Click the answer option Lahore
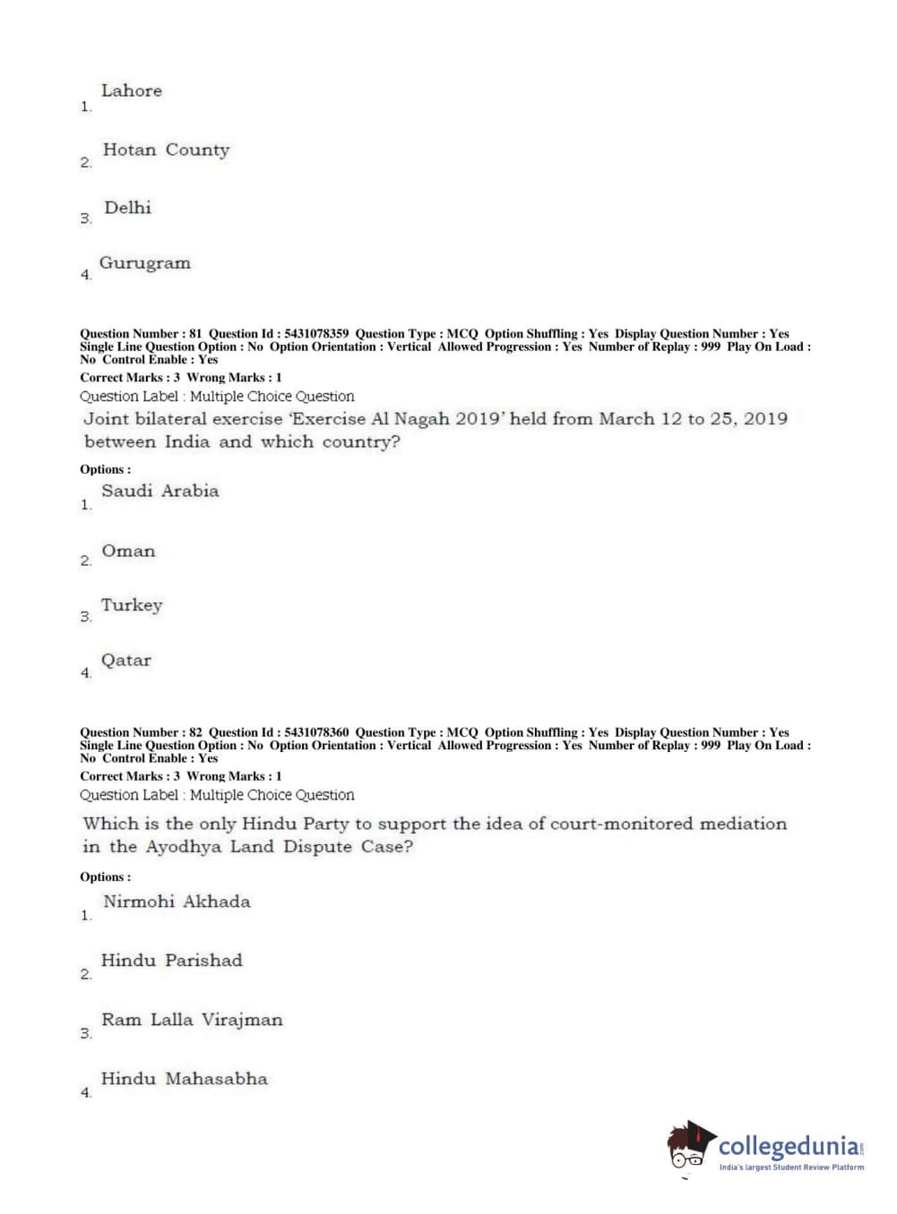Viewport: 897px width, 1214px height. pyautogui.click(x=131, y=90)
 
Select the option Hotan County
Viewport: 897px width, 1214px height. pyautogui.click(x=166, y=150)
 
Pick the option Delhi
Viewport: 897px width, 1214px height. pyautogui.click(x=127, y=208)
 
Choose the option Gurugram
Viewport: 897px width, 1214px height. pyautogui.click(x=144, y=263)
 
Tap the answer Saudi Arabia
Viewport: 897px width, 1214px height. pyautogui.click(x=160, y=491)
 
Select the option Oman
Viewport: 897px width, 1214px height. pyautogui.click(x=128, y=551)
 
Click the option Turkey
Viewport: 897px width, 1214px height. pyautogui.click(x=132, y=605)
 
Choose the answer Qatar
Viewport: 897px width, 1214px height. pyautogui.click(x=125, y=661)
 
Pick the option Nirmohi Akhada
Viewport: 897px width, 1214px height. pyautogui.click(x=177, y=902)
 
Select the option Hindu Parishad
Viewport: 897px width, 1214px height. pyautogui.click(x=171, y=961)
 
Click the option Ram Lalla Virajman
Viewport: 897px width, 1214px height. pyautogui.click(x=192, y=1020)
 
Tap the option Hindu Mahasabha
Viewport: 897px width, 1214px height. pyautogui.click(x=184, y=1079)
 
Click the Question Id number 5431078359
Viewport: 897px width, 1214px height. pyautogui.click(x=316, y=334)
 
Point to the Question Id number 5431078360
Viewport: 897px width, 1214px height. pyautogui.click(x=316, y=732)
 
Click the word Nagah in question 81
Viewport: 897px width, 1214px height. pyautogui.click(x=420, y=419)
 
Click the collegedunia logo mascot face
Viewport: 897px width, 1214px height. pyautogui.click(x=688, y=1147)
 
